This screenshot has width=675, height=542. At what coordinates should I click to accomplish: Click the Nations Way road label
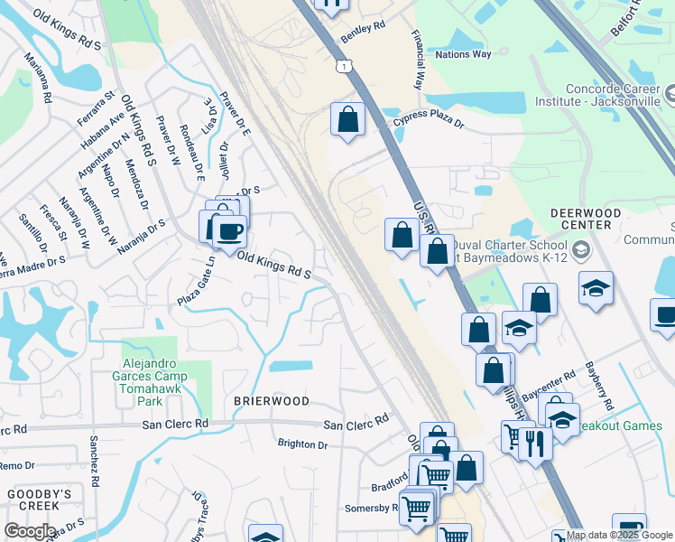463,54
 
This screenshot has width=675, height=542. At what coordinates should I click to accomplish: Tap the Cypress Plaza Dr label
428,123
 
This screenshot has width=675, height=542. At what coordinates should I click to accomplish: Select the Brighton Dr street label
302,444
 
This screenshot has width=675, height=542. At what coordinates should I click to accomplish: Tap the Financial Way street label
418,61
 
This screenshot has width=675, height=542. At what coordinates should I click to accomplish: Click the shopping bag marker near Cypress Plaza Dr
347,119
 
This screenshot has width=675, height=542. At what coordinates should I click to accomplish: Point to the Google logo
30,531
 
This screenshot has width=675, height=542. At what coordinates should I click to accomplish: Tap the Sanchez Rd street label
94,457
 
